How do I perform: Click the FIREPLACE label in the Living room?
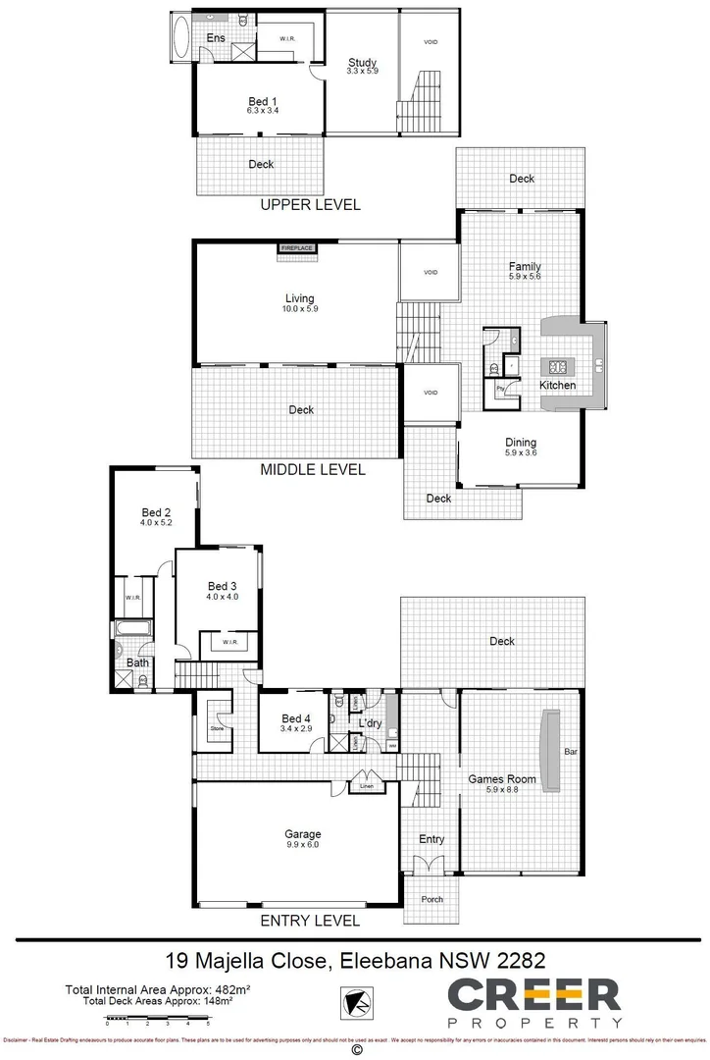click(x=297, y=248)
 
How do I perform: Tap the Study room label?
click(x=362, y=62)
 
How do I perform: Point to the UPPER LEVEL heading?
click(x=310, y=205)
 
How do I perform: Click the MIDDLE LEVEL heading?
click(x=313, y=470)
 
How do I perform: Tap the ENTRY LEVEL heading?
click(x=309, y=921)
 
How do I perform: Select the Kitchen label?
click(x=558, y=386)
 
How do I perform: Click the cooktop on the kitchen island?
click(x=558, y=368)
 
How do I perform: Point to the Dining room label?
click(x=520, y=443)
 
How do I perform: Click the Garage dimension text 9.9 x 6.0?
click(x=302, y=844)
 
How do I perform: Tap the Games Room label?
click(x=501, y=779)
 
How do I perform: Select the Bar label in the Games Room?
click(x=570, y=753)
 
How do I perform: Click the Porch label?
click(x=431, y=899)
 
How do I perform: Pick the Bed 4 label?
click(x=295, y=718)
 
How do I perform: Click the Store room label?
click(x=217, y=728)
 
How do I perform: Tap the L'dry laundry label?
click(x=369, y=723)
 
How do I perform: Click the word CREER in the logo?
click(x=534, y=995)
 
